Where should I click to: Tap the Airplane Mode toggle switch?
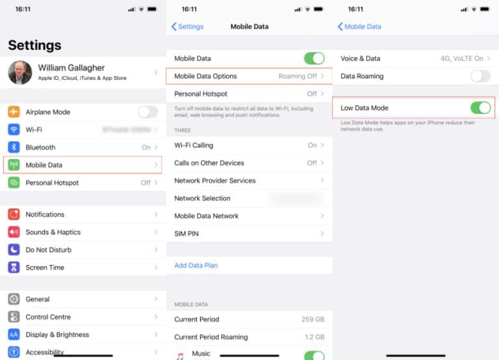point(147,112)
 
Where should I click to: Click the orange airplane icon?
point(14,112)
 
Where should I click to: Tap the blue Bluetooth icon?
point(14,148)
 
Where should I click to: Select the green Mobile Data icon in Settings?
point(14,165)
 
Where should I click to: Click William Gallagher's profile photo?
point(20,72)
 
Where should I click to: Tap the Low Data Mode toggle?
point(480,107)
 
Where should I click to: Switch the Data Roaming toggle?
point(480,76)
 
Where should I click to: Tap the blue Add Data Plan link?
point(196,265)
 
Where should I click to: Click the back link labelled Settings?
point(188,27)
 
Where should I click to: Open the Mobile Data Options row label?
point(205,76)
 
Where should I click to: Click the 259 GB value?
point(313,320)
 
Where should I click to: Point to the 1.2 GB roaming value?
point(314,337)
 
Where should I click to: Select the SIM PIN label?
point(186,233)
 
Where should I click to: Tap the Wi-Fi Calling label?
point(194,146)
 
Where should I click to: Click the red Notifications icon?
point(14,214)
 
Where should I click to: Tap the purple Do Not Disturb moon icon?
point(14,250)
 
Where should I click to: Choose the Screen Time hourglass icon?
point(14,267)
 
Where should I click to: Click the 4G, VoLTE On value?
point(461,58)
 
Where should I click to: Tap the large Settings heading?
point(34,45)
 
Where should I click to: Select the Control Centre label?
point(48,317)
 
